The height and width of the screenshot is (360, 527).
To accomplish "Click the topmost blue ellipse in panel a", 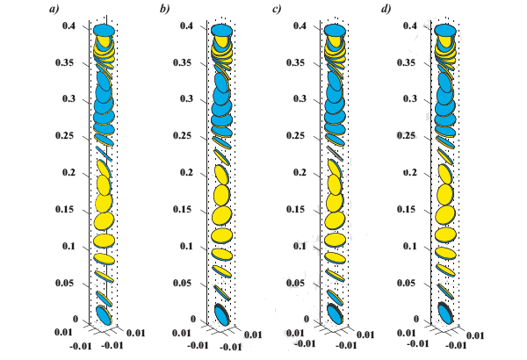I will [105, 31].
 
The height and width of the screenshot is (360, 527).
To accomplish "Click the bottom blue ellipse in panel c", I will [335, 313].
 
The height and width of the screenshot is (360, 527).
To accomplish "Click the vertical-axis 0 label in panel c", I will [304, 320].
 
